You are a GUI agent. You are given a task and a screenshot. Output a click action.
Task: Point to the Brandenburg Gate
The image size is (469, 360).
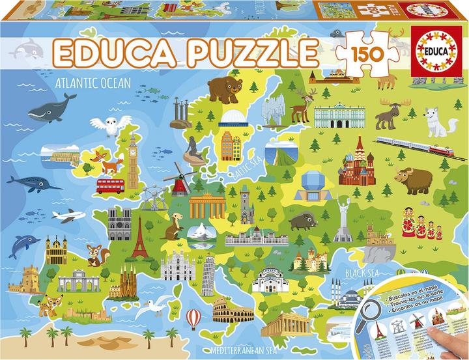point(208,207)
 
